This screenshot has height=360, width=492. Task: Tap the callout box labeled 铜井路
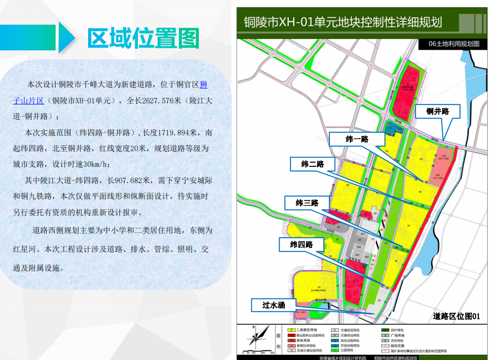[437, 112]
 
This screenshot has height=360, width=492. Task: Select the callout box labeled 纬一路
[357, 139]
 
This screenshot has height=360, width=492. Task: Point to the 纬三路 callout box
[307, 203]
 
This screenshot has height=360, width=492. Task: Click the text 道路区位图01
[456, 316]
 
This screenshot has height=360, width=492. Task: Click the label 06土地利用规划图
[454, 44]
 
